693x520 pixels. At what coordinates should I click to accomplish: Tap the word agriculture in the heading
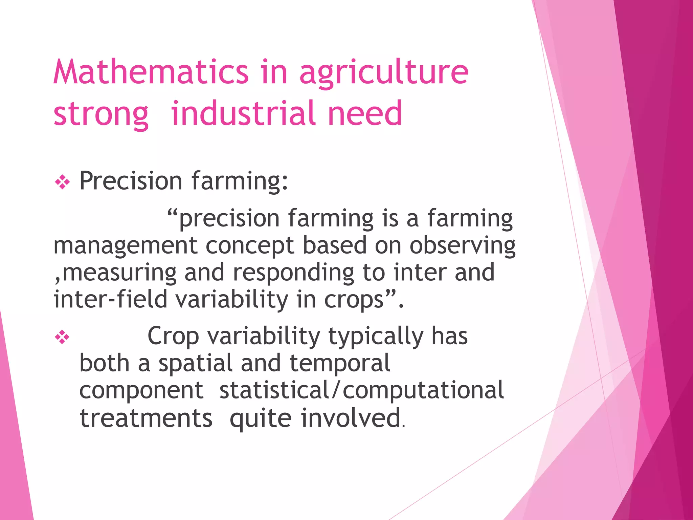click(384, 73)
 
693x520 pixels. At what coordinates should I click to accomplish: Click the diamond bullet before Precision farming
click(62, 182)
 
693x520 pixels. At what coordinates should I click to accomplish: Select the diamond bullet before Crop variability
click(62, 337)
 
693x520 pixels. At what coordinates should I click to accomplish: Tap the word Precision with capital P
click(131, 181)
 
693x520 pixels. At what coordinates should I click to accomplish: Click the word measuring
click(119, 273)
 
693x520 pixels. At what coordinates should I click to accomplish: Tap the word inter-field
click(110, 299)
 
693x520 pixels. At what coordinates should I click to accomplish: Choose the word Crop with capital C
click(173, 337)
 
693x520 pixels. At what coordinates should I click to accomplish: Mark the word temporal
click(340, 364)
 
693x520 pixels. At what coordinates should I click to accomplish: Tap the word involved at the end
click(351, 418)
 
